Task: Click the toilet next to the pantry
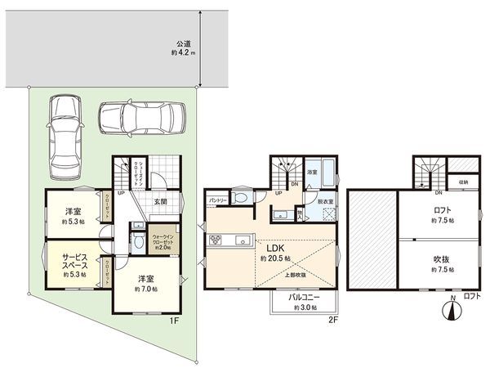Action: (x=240, y=198)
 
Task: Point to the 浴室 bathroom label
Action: (x=312, y=173)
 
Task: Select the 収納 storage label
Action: (x=462, y=182)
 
